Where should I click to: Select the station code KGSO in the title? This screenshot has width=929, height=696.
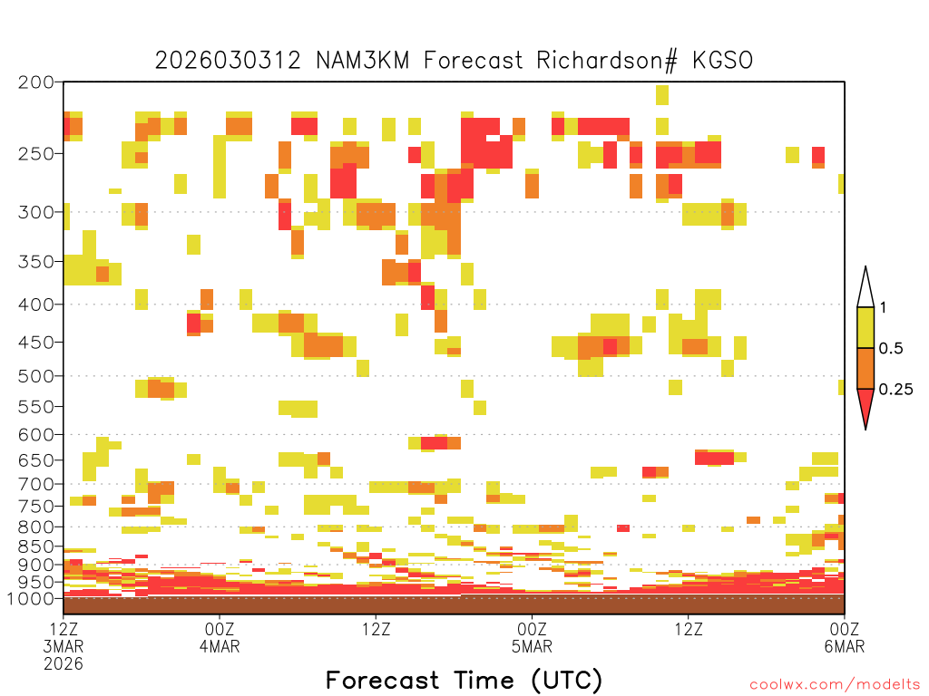pyautogui.click(x=723, y=61)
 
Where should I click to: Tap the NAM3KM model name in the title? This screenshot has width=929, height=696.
pyautogui.click(x=363, y=61)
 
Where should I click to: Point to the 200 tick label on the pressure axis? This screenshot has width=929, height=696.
pyautogui.click(x=36, y=82)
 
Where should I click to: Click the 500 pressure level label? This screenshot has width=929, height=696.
pyautogui.click(x=36, y=376)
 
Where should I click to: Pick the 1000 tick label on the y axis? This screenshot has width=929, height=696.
pyautogui.click(x=30, y=598)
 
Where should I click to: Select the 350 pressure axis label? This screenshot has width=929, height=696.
pyautogui.click(x=36, y=261)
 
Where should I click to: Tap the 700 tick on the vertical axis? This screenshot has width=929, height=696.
pyautogui.click(x=36, y=484)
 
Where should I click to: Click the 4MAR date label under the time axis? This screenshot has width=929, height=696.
pyautogui.click(x=220, y=646)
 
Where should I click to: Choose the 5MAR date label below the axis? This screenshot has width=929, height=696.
pyautogui.click(x=532, y=646)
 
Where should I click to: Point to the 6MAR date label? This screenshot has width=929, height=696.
pyautogui.click(x=845, y=646)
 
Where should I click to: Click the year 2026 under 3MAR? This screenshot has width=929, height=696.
pyautogui.click(x=64, y=664)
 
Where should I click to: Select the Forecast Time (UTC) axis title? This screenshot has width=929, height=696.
pyautogui.click(x=464, y=681)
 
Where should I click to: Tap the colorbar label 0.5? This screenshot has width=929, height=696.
pyautogui.click(x=891, y=349)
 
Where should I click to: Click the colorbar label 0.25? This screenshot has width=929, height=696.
pyautogui.click(x=895, y=390)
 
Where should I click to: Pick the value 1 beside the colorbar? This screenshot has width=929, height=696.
pyautogui.click(x=883, y=308)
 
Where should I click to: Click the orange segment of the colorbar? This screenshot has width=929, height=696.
pyautogui.click(x=865, y=368)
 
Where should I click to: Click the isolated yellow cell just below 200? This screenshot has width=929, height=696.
pyautogui.click(x=662, y=94)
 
